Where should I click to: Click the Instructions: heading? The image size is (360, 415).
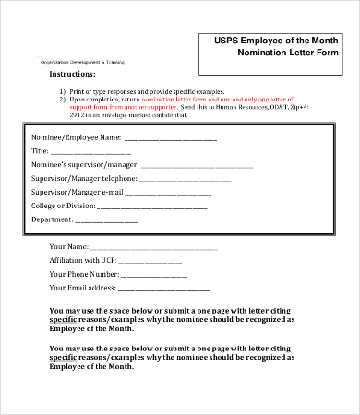point(72,73)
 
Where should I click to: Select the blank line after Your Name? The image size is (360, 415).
point(154,247)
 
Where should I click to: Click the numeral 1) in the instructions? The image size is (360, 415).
point(63,93)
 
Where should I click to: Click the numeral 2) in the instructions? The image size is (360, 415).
point(63,101)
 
